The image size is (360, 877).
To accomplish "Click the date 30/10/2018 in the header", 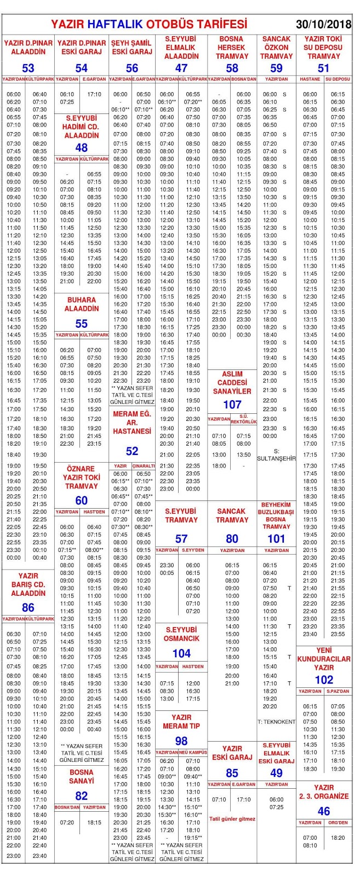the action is pyautogui.click(x=323, y=25).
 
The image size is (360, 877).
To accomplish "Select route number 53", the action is pyautogui.click(x=28, y=68).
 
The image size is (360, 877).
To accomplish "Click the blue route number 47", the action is pyautogui.click(x=181, y=68).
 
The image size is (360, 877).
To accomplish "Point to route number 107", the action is pyautogui.click(x=232, y=405).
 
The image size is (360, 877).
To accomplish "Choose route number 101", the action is pyautogui.click(x=276, y=539).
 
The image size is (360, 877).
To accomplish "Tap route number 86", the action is pyautogui.click(x=28, y=607).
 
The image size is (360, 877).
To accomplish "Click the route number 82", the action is pyautogui.click(x=81, y=796).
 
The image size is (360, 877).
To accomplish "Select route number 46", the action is pyautogui.click(x=324, y=811).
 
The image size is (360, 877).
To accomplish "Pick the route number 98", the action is pyautogui.click(x=181, y=741).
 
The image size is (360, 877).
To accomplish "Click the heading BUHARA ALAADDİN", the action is pyautogui.click(x=81, y=304).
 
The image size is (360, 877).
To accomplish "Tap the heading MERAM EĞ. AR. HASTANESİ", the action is pyautogui.click(x=132, y=423).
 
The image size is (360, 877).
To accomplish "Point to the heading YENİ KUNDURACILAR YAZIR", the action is pyautogui.click(x=324, y=659).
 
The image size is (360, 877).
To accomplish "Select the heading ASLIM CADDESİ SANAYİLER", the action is pyautogui.click(x=232, y=383).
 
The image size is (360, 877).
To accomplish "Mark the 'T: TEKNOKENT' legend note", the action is pyautogui.click(x=276, y=722).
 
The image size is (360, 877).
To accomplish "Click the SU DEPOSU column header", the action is pyautogui.click(x=338, y=79).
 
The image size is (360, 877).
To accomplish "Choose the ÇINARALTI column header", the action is pyautogui.click(x=144, y=466).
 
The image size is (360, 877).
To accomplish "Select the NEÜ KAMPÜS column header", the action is pyautogui.click(x=193, y=753).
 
